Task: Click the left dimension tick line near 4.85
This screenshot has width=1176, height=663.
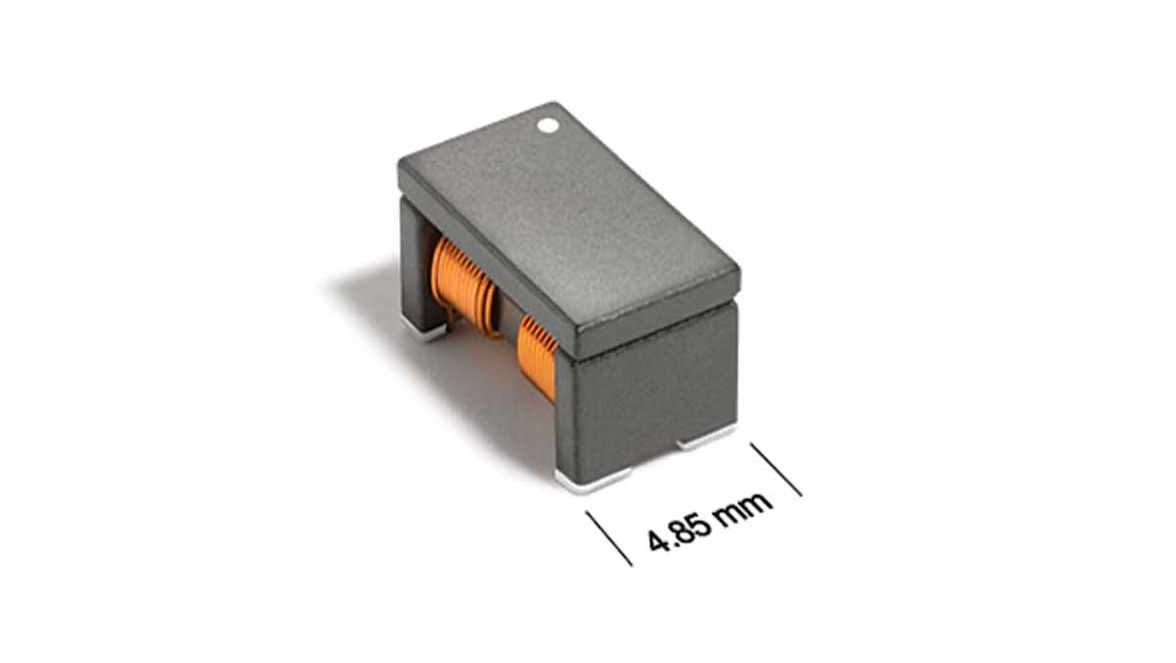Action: (x=609, y=538)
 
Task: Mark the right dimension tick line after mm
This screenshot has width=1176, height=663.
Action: (x=776, y=469)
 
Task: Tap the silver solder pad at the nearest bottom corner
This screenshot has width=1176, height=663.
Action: (x=592, y=479)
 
